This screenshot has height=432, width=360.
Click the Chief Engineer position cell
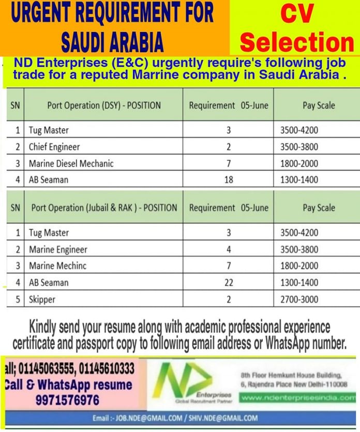point(54,147)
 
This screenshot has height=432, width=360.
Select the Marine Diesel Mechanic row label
point(71,163)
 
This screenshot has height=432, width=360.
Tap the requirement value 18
point(229,180)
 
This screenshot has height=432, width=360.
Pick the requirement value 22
point(229,283)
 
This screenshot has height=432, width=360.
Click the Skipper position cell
point(42,299)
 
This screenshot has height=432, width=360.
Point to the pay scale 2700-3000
point(299,299)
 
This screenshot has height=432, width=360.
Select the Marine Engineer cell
point(58,250)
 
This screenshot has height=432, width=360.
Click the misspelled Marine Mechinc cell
point(57,266)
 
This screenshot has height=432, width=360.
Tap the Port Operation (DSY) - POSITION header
point(104,105)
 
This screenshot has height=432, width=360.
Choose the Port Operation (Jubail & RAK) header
point(104,208)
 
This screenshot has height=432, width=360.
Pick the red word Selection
point(297,42)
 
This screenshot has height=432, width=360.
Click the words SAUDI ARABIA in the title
point(112,42)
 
